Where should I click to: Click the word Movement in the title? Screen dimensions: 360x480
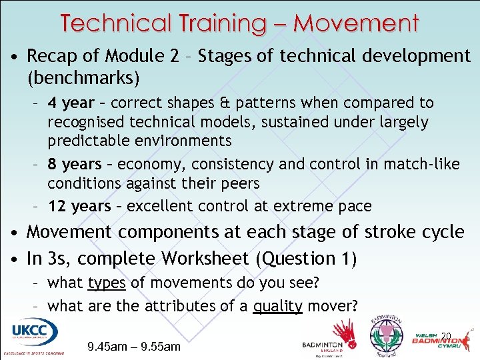(x=356, y=23)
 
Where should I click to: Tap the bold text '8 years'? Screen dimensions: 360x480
(x=74, y=164)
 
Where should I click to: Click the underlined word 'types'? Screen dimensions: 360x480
(x=107, y=283)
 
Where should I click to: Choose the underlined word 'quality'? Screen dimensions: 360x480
(x=278, y=307)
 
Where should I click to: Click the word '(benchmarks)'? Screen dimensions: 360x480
(x=83, y=79)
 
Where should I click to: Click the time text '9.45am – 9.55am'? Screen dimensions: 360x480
(x=134, y=347)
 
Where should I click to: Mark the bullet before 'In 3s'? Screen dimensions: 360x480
(x=13, y=259)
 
